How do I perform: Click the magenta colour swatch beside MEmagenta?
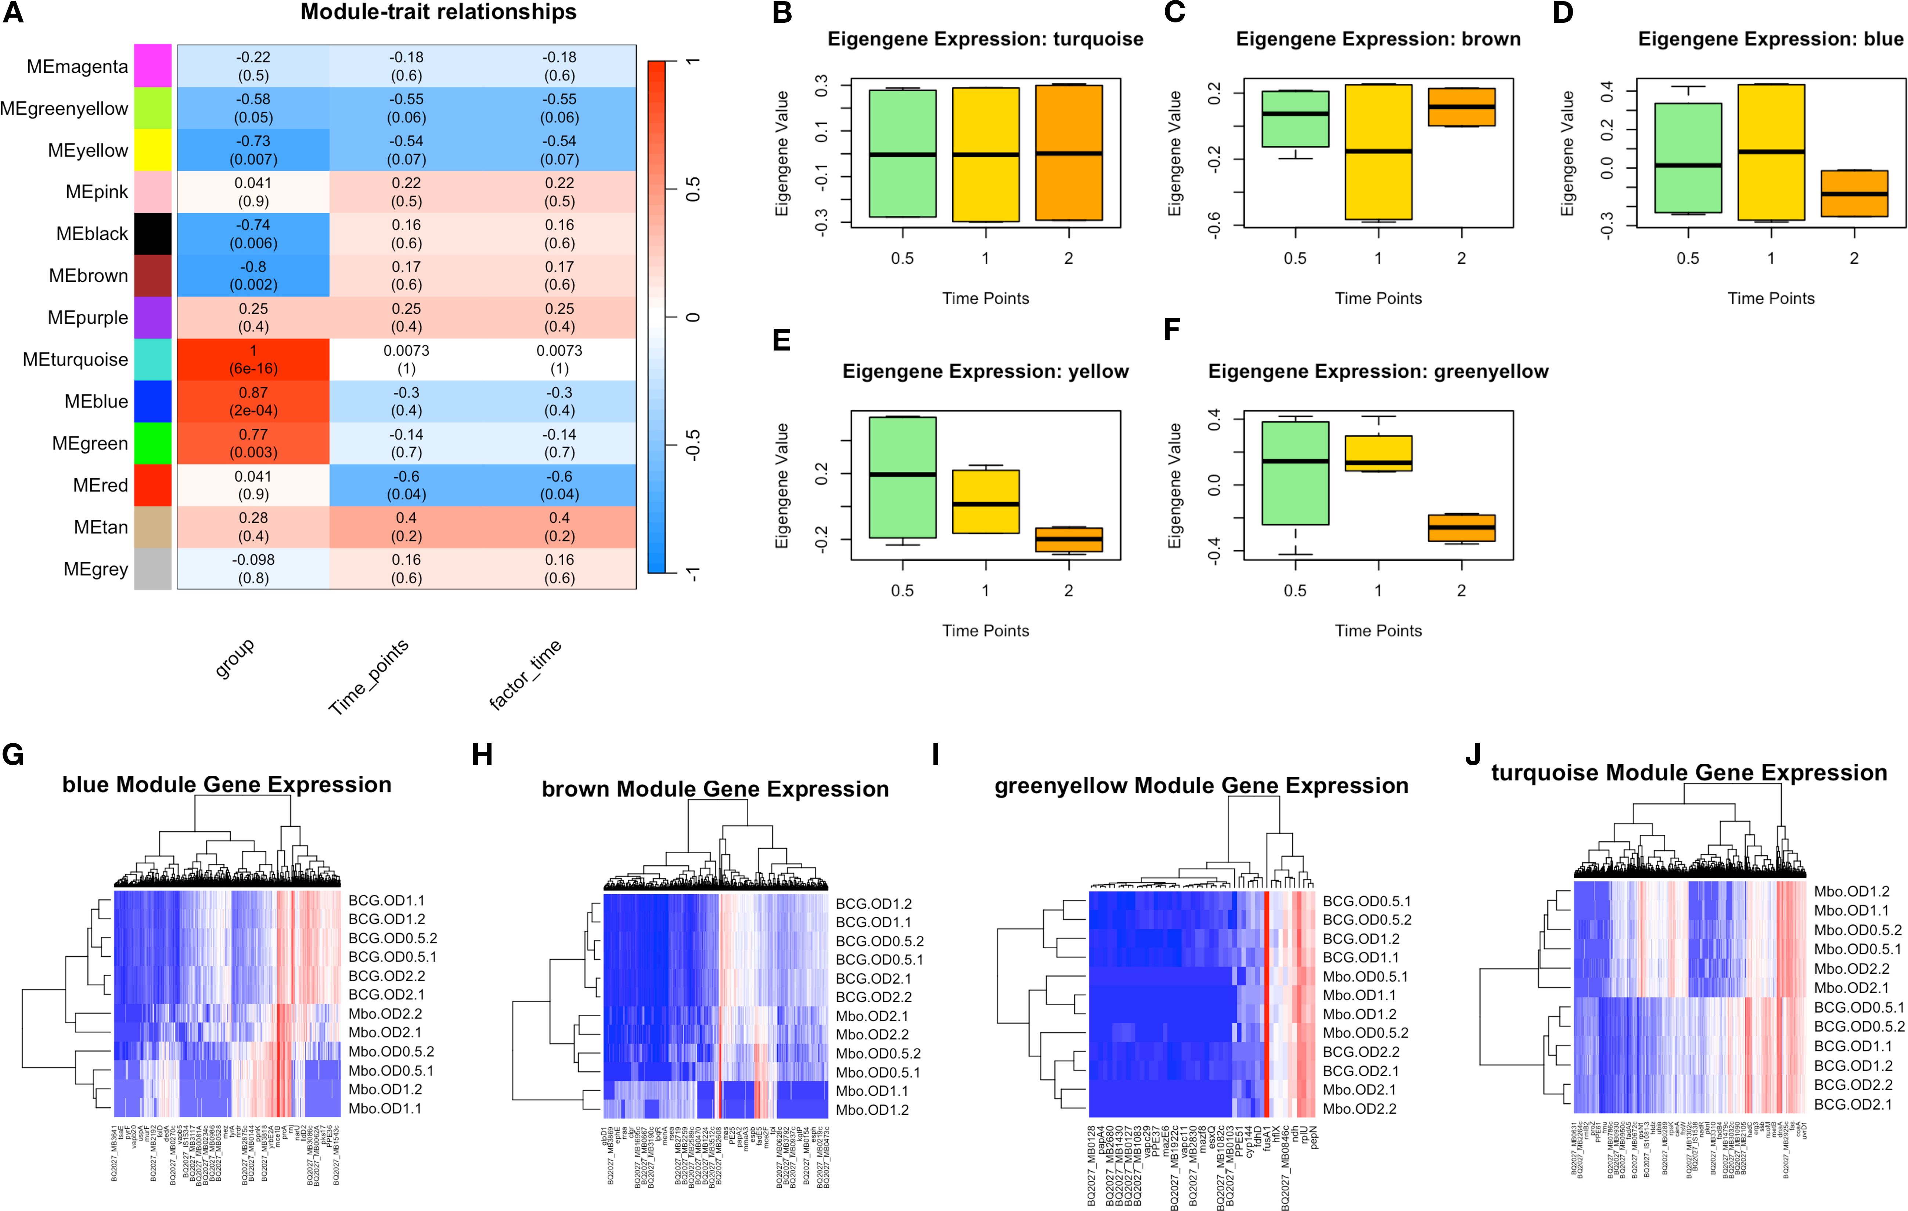pos(152,66)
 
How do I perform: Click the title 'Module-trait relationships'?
pos(438,13)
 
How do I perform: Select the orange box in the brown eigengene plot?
pos(1461,107)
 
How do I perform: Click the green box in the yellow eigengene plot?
pos(903,477)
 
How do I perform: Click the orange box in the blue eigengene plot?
pos(1854,193)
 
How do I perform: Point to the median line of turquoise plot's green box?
pos(903,155)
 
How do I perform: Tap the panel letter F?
pos(1172,330)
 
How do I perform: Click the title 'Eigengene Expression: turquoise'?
pos(985,40)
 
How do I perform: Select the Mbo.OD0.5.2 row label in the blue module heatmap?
pos(392,1052)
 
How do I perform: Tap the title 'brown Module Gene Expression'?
pos(715,789)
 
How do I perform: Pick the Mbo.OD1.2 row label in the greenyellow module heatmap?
pos(1360,1014)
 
